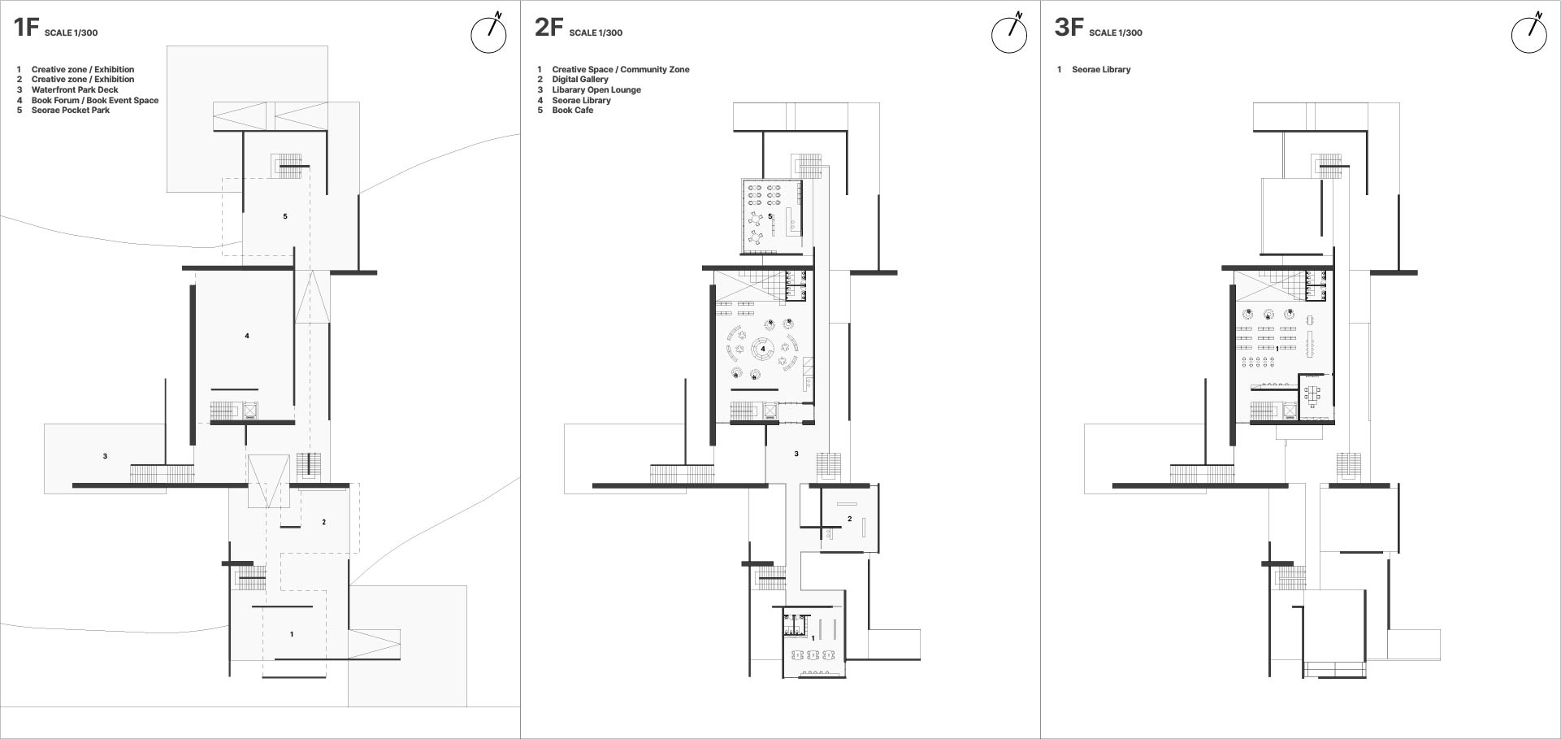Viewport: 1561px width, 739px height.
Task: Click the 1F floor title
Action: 26,28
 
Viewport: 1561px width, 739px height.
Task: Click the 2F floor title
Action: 549,28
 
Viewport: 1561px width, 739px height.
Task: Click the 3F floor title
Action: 1069,28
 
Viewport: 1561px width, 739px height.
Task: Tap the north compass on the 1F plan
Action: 489,34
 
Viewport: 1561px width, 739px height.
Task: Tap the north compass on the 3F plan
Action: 1529,34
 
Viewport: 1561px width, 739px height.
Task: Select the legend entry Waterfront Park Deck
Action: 75,90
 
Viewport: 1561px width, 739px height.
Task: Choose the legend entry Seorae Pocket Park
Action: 71,111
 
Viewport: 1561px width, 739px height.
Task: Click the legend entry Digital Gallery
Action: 580,80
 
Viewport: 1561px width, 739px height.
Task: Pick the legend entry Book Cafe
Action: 573,111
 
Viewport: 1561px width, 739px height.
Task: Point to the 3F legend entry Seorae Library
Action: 1101,70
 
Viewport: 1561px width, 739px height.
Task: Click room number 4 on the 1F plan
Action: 247,336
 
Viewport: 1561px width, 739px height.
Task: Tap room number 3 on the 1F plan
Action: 105,457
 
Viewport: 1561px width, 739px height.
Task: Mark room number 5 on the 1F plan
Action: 285,217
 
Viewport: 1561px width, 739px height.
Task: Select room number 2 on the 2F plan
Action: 850,519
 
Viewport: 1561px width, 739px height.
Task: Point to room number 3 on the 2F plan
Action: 796,454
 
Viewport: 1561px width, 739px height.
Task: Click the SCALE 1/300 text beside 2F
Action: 596,33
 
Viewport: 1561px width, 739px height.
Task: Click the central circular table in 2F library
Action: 763,350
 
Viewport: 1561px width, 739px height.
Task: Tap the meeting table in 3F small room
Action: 1312,396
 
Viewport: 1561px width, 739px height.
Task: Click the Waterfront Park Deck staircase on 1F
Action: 163,473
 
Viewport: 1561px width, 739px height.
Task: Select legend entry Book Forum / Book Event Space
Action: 95,101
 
